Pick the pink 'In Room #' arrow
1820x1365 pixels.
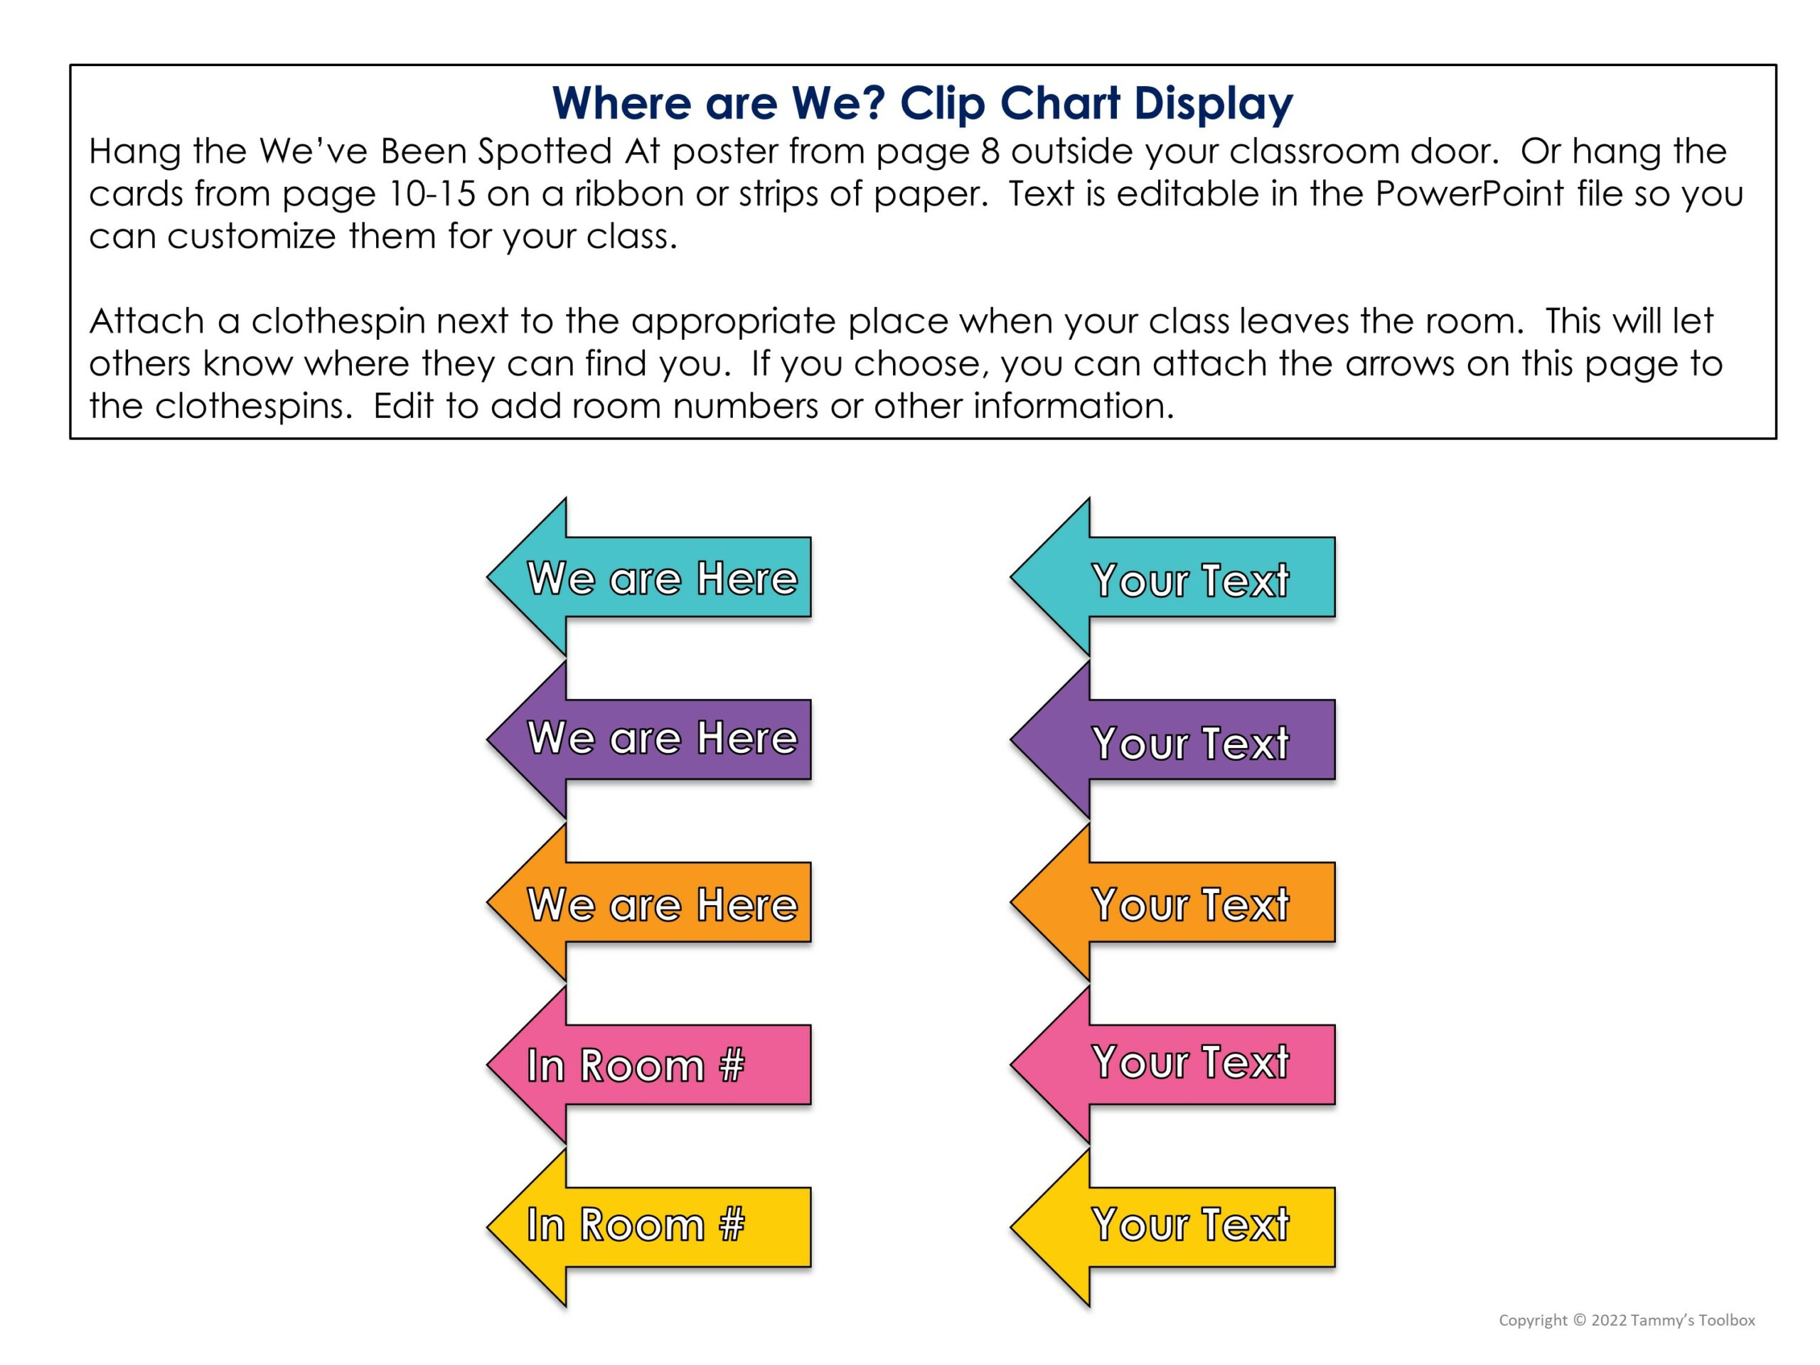(650, 1065)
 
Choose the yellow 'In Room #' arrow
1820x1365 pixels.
(650, 1226)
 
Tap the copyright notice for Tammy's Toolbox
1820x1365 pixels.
(1626, 1319)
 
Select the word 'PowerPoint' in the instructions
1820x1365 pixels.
(1469, 194)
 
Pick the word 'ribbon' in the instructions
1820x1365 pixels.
(629, 194)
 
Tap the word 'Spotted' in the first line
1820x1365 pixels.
(545, 151)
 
